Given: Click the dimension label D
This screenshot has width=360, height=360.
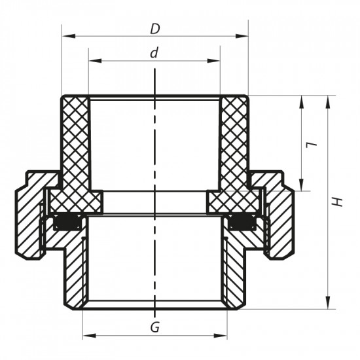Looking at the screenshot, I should [154, 29].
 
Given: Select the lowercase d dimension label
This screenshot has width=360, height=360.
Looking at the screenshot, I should [154, 52].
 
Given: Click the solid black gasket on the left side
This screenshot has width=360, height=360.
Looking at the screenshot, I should [67, 224].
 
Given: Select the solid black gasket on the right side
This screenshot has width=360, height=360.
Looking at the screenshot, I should [242, 224].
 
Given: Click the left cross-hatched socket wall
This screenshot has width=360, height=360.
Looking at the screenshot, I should [75, 144].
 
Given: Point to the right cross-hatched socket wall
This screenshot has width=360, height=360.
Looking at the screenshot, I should [234, 144].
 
